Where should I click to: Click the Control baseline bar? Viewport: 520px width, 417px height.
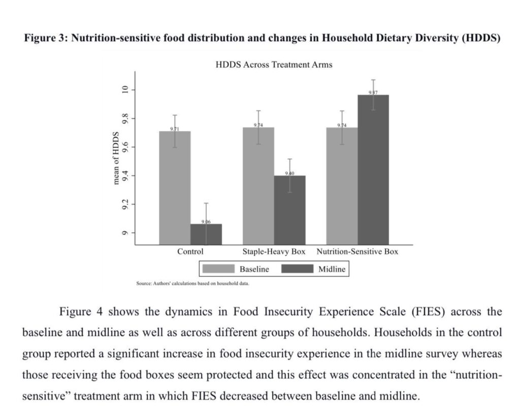pos(175,188)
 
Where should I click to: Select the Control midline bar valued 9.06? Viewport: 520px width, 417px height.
pos(206,234)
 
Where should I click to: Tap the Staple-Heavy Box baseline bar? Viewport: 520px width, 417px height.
pos(258,186)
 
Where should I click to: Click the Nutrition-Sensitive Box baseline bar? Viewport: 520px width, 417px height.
pos(342,186)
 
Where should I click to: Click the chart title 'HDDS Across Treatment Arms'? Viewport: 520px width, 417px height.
pos(274,64)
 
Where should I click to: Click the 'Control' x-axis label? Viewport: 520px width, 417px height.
pos(190,252)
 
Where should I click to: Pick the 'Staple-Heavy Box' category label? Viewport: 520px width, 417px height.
pos(274,252)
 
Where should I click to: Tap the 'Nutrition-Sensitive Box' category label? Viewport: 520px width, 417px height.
pos(357,252)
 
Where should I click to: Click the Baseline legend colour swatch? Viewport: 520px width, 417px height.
pos(218,269)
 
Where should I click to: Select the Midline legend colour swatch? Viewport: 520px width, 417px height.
pos(297,269)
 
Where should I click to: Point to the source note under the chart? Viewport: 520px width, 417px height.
pos(192,283)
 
